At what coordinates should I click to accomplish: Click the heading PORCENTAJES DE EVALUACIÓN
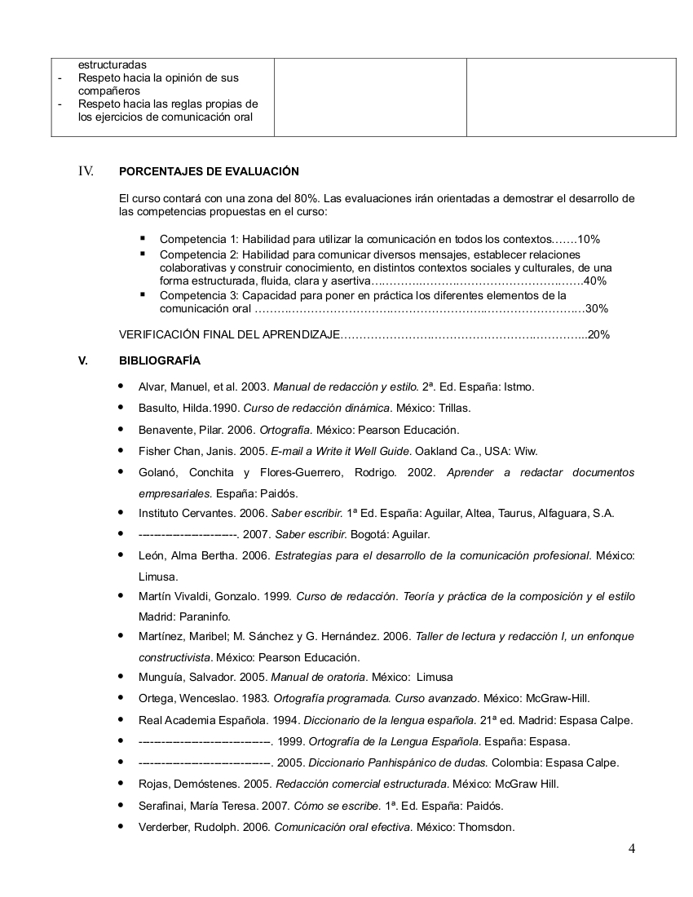[x=209, y=171]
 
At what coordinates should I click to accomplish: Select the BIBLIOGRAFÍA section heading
[x=160, y=360]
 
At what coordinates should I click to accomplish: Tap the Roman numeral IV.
[x=86, y=171]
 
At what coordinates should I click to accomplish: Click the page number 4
[x=632, y=849]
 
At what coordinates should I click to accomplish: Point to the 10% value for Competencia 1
[x=589, y=240]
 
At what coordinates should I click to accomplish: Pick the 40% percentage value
[x=595, y=281]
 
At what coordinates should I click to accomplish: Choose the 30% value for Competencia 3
[x=597, y=309]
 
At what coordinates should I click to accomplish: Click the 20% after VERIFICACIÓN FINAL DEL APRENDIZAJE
[x=598, y=334]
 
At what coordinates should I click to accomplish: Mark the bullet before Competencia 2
[x=143, y=254]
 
